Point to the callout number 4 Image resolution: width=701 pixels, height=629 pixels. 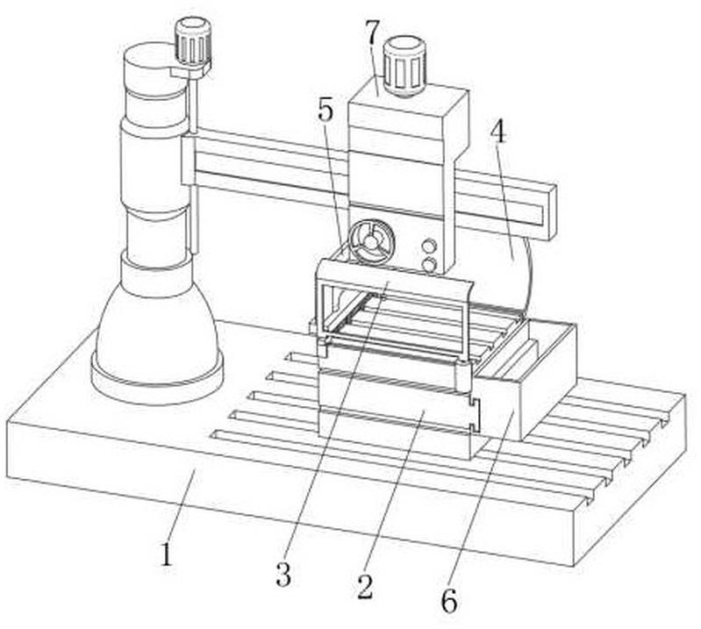[x=497, y=133]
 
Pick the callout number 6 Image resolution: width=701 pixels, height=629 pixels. [x=448, y=602]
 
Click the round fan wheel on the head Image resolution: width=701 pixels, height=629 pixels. [x=371, y=242]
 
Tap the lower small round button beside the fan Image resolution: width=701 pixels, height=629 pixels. [x=430, y=264]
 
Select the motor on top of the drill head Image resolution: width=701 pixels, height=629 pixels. [x=404, y=65]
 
